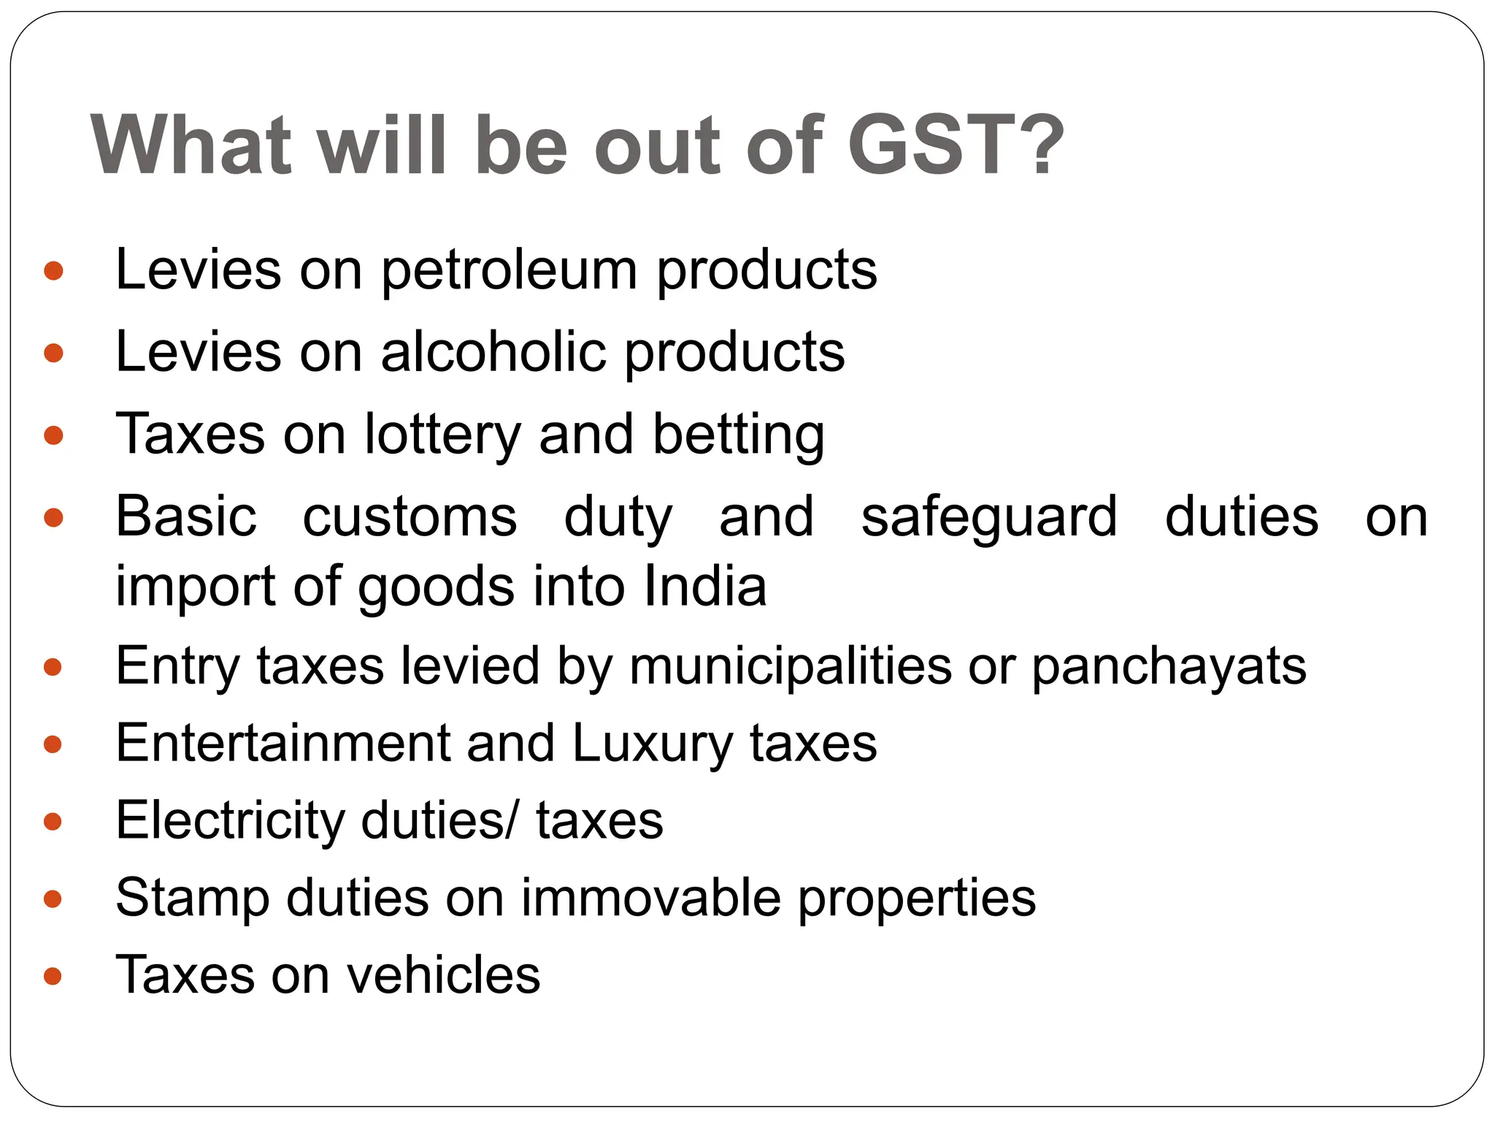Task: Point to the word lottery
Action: coord(442,435)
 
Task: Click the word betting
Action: coord(738,435)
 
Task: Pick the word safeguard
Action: coord(989,517)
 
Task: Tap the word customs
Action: coord(410,517)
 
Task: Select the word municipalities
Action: coord(791,666)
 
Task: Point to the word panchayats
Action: coord(1169,666)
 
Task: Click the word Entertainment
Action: coord(283,744)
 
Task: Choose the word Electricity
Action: coord(230,821)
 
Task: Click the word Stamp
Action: coord(192,898)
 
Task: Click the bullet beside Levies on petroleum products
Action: coord(53,272)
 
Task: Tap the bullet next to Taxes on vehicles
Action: coord(53,976)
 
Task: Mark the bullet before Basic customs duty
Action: coord(53,518)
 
